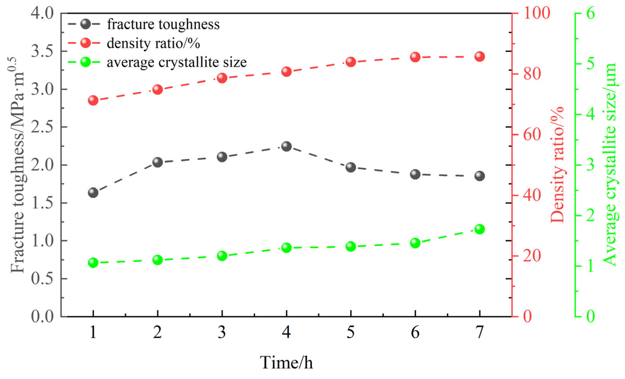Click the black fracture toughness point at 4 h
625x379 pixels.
pos(286,146)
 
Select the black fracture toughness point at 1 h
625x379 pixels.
pos(93,193)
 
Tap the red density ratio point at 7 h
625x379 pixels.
pos(479,56)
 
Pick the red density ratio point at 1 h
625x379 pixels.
pos(93,100)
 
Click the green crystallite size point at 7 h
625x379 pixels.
pos(479,229)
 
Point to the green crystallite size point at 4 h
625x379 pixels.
pos(286,247)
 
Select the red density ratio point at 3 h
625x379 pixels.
pos(222,78)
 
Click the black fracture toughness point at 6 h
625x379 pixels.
pos(415,174)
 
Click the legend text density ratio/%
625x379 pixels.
pos(153,43)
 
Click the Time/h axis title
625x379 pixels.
pos(286,362)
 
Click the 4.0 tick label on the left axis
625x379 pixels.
pos(42,13)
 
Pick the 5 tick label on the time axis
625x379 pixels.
pos(351,332)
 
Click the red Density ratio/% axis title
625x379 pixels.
pos(558,165)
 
